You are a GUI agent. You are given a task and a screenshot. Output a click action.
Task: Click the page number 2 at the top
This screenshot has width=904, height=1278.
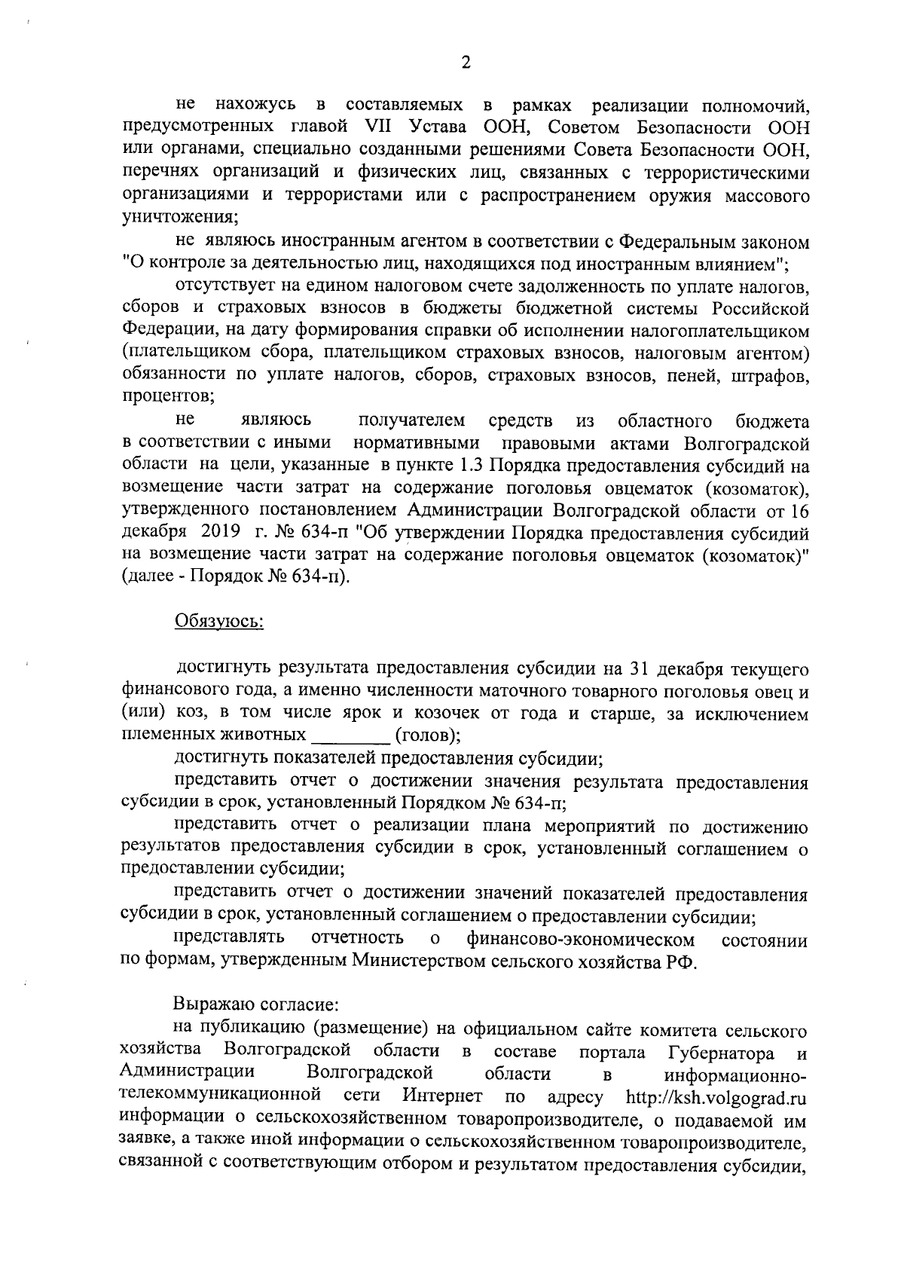click(x=465, y=63)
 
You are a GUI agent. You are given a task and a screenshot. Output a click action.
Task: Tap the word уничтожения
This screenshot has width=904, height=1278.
click(x=179, y=218)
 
